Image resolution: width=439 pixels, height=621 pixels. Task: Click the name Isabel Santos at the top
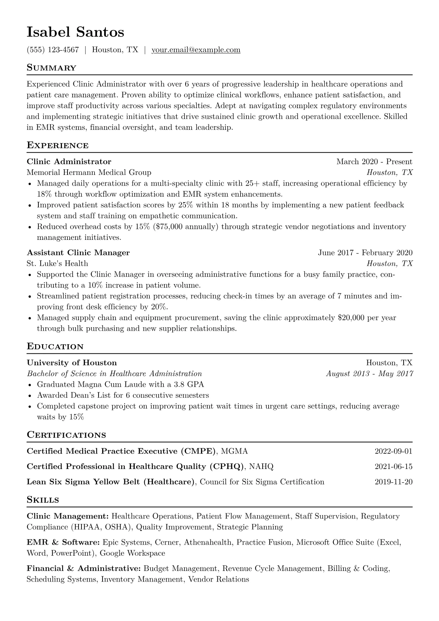coord(75,32)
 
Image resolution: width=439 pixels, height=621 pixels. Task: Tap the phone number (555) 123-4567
coord(53,50)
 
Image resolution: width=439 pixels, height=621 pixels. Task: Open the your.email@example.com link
coord(196,50)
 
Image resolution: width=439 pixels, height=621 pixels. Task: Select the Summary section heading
coord(51,68)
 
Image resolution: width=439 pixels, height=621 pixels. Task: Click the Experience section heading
coord(58,145)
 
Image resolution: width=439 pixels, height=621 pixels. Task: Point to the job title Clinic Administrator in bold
coord(69,162)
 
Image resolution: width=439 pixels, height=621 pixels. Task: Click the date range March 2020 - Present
coord(374,162)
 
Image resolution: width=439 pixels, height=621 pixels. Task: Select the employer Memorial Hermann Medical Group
coord(89,172)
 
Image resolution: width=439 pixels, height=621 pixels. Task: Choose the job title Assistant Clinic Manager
coord(78,253)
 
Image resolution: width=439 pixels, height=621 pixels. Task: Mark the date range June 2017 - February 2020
coord(365,253)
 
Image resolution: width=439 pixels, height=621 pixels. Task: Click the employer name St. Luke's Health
coord(57,263)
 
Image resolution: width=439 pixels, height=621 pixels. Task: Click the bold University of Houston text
coord(72,363)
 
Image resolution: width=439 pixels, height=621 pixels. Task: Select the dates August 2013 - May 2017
coord(369,373)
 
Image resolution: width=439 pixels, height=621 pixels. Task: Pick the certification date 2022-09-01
coord(393,451)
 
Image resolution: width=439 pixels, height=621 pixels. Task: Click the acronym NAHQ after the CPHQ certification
coord(261,466)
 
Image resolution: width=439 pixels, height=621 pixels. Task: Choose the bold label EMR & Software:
coord(63,542)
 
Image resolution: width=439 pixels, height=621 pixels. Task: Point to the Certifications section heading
coord(66,435)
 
